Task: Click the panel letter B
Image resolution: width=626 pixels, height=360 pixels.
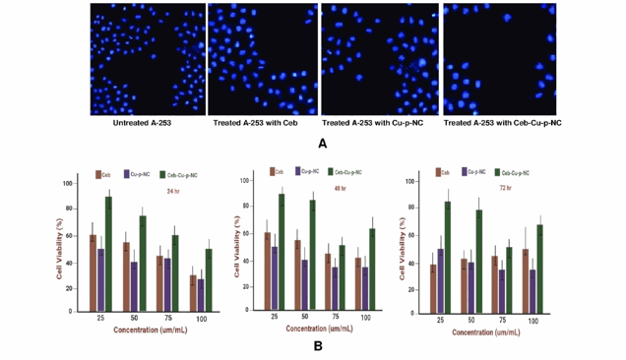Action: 317,344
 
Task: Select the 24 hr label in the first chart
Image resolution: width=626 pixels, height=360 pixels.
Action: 175,191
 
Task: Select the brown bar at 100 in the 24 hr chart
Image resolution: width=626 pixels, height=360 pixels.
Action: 193,293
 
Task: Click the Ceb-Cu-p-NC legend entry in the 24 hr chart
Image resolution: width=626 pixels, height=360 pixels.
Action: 176,174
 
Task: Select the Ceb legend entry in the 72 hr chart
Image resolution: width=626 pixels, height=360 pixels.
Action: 442,172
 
